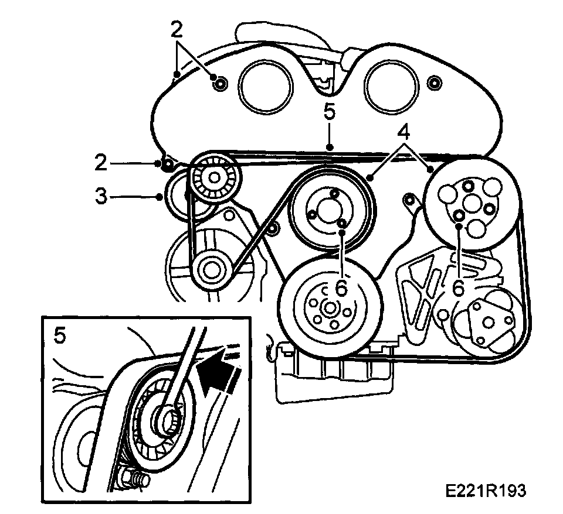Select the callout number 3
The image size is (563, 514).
102,196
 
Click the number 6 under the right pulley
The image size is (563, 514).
459,286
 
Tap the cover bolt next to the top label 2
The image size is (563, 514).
219,84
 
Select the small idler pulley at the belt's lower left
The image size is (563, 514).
209,269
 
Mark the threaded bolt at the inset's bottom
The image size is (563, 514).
137,479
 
